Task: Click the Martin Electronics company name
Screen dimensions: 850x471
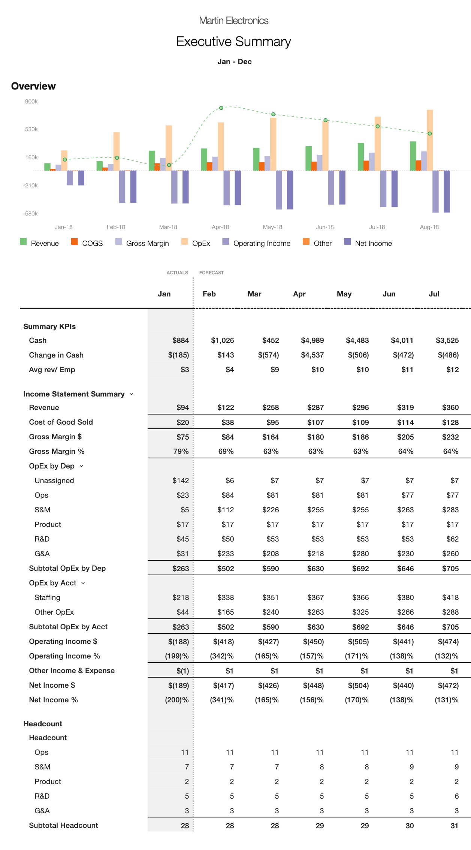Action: tap(233, 21)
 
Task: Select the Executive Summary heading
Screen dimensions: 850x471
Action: tap(233, 42)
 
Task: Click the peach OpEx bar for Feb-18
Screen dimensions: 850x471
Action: tap(117, 151)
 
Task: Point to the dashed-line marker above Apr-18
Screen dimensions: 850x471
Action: tap(221, 108)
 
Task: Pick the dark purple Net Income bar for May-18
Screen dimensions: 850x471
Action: tap(290, 190)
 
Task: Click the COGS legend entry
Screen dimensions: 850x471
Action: tap(87, 243)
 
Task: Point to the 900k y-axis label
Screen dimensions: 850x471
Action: tap(31, 102)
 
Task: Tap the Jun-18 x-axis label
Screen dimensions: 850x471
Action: tap(324, 227)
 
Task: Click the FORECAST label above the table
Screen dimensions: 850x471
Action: tap(211, 273)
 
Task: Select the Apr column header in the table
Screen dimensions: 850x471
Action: tap(299, 294)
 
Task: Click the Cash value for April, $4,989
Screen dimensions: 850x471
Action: tap(313, 340)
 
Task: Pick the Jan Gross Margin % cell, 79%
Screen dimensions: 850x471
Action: tap(181, 451)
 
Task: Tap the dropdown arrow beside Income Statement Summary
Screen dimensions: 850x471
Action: tap(132, 394)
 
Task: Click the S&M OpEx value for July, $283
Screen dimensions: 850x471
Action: tap(450, 510)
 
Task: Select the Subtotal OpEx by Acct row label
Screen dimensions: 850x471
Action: tap(68, 627)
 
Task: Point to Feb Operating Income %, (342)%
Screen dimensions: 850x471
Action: tap(222, 656)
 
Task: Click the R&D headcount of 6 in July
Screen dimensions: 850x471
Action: tap(456, 796)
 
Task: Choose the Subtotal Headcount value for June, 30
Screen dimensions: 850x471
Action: tap(410, 826)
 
